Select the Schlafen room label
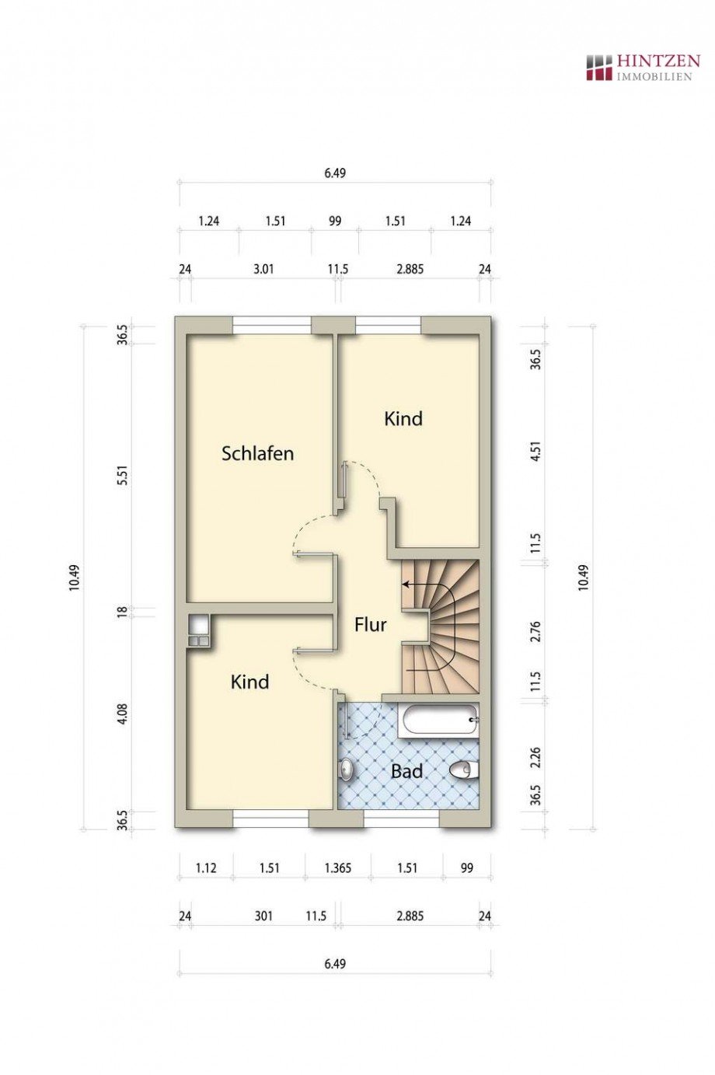click(x=257, y=453)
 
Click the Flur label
click(x=370, y=624)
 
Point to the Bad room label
click(x=406, y=771)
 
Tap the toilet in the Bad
click(x=464, y=770)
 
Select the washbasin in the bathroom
click(x=347, y=770)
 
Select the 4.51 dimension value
click(x=535, y=452)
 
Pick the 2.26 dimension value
click(x=535, y=759)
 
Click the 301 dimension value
click(x=263, y=916)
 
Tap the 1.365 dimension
click(x=337, y=868)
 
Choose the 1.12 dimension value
click(x=206, y=868)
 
